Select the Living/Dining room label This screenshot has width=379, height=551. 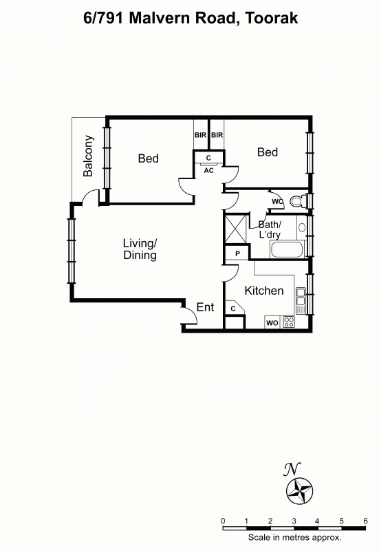pyautogui.click(x=140, y=249)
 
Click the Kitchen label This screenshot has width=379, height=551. pyautogui.click(x=264, y=291)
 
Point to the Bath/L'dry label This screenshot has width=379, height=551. pyautogui.click(x=270, y=229)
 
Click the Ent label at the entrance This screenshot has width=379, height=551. pyautogui.click(x=206, y=307)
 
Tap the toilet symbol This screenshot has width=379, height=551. pyautogui.click(x=298, y=202)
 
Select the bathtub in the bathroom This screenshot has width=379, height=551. pyautogui.click(x=287, y=249)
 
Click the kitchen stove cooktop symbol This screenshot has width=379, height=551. pyautogui.click(x=289, y=322)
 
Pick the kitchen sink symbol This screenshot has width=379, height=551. pyautogui.click(x=301, y=297)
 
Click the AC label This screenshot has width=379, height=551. pyautogui.click(x=208, y=170)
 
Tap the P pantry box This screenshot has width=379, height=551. pyautogui.click(x=237, y=253)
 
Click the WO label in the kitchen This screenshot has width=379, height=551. pyautogui.click(x=272, y=322)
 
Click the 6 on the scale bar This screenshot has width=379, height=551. pyautogui.click(x=365, y=521)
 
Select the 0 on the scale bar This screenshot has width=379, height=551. pyautogui.click(x=223, y=521)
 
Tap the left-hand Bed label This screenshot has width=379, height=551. pyautogui.click(x=148, y=158)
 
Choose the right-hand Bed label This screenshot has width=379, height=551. pyautogui.click(x=268, y=152)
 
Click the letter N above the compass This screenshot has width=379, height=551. pyautogui.click(x=292, y=469)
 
